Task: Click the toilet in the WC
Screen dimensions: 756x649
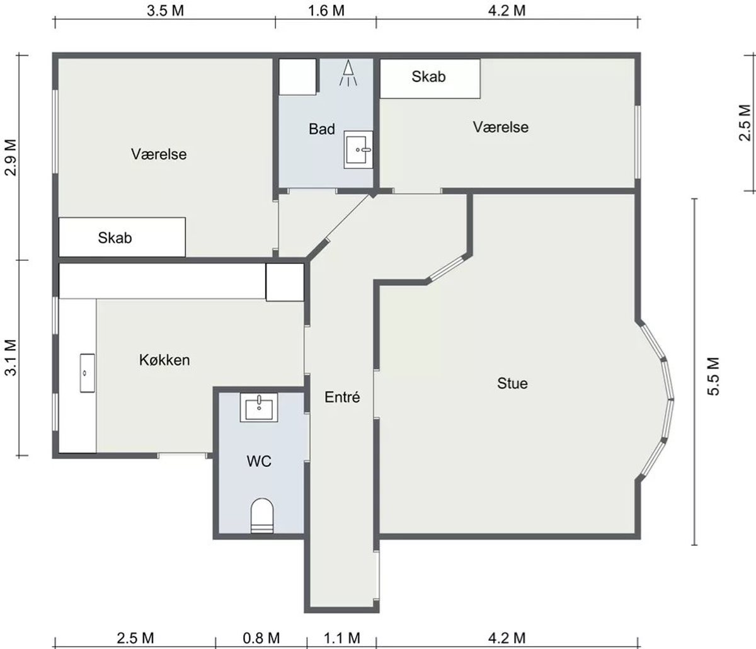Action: pos(262,515)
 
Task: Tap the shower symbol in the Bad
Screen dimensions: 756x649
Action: pos(348,73)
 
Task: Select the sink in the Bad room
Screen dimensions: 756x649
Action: pos(358,149)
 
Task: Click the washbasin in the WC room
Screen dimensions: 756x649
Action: pos(259,408)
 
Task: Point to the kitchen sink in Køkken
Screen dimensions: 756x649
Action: pos(88,373)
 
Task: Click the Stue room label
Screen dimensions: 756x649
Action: pos(512,383)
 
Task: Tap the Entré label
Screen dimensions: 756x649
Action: pos(342,397)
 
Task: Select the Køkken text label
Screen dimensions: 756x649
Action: pos(164,360)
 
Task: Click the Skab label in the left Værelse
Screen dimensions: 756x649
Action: pos(115,238)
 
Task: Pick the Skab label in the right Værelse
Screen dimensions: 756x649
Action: pos(428,76)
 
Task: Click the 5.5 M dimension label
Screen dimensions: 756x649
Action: pos(713,376)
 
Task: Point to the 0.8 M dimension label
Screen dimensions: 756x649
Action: pos(261,638)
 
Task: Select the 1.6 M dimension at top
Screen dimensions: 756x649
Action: pos(326,11)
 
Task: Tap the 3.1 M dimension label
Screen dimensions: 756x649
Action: pos(11,358)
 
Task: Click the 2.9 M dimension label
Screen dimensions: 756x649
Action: pos(11,158)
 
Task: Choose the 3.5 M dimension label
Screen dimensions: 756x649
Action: pos(165,11)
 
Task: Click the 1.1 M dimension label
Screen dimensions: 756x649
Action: pos(342,638)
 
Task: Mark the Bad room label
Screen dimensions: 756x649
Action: pos(322,129)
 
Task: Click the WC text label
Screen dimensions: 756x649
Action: pos(259,461)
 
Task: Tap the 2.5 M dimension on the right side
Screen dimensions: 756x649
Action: pos(745,123)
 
